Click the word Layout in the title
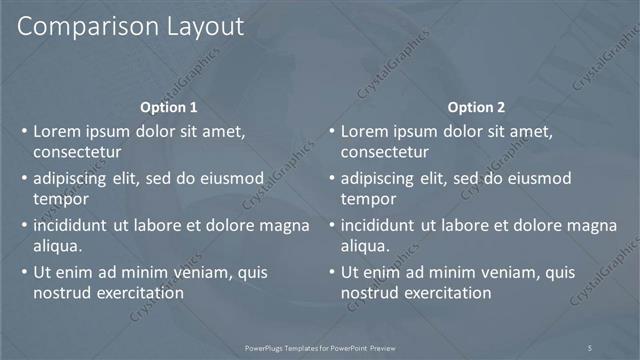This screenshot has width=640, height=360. click(198, 28)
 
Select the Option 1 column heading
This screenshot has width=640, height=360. click(169, 107)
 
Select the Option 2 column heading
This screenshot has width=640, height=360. click(476, 107)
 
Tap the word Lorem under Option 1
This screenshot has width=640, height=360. click(57, 131)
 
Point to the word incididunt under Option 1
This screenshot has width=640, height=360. click(73, 225)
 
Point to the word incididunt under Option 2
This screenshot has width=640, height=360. click(380, 225)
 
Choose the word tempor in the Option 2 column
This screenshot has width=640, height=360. click(368, 199)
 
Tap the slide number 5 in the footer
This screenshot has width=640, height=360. click(590, 347)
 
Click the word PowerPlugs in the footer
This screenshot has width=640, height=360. click(265, 347)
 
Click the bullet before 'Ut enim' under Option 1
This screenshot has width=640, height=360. click(24, 272)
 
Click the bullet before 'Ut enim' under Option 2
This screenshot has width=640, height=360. click(331, 272)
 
